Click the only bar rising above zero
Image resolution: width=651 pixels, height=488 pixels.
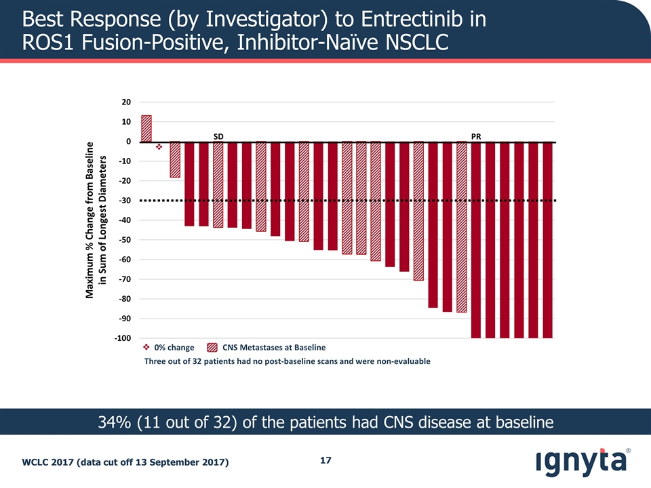(146, 129)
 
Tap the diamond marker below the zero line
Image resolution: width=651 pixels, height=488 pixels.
(159, 146)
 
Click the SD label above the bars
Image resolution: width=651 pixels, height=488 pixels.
(218, 136)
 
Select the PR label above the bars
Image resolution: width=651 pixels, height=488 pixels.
(476, 136)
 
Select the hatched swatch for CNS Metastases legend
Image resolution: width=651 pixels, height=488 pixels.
(212, 347)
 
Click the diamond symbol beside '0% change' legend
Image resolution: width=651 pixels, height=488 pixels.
(146, 347)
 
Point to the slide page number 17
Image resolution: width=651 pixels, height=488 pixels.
(325, 461)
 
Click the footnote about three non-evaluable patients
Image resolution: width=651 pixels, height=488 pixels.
(287, 361)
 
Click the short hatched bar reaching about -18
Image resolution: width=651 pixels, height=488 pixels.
(174, 160)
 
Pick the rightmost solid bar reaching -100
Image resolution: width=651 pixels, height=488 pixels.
(547, 240)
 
